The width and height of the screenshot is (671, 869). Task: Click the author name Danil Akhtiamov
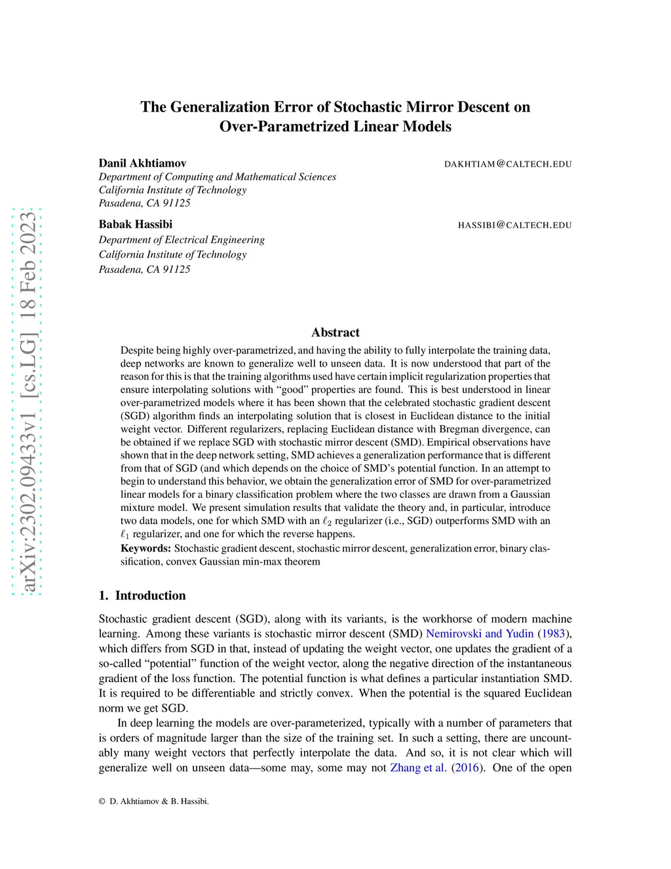pyautogui.click(x=142, y=163)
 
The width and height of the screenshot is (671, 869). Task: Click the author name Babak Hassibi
pyautogui.click(x=135, y=224)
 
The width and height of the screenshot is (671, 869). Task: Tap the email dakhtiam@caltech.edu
pyautogui.click(x=508, y=164)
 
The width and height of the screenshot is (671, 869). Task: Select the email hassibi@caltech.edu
pyautogui.click(x=514, y=225)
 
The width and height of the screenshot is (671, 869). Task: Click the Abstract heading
pyautogui.click(x=335, y=333)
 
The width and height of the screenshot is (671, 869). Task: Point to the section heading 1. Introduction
pyautogui.click(x=142, y=596)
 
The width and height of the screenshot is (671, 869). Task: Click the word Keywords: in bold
pyautogui.click(x=145, y=548)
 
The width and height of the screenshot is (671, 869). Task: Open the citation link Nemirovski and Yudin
pyautogui.click(x=480, y=634)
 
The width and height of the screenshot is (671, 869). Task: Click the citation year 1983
pyautogui.click(x=552, y=634)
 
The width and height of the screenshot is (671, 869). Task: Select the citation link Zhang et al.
pyautogui.click(x=418, y=767)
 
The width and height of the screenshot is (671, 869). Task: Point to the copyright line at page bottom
pyautogui.click(x=154, y=801)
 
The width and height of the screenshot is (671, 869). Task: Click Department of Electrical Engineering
pyautogui.click(x=182, y=240)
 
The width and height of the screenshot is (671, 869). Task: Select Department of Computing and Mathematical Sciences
pyautogui.click(x=217, y=177)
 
